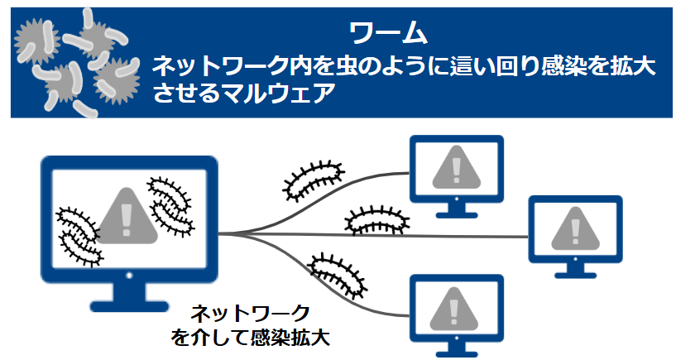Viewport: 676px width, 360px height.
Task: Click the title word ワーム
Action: click(x=388, y=32)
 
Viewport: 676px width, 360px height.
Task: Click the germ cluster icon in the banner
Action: click(x=77, y=63)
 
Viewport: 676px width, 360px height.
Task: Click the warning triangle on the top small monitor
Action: click(x=456, y=168)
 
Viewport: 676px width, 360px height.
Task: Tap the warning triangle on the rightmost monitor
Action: click(x=575, y=229)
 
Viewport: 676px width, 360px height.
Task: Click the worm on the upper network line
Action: click(x=313, y=181)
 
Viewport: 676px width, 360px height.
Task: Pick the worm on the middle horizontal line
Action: click(x=376, y=221)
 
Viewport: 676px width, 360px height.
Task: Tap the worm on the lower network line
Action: click(x=338, y=276)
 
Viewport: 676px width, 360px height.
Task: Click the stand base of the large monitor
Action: click(x=129, y=306)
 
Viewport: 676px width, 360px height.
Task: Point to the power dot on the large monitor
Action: click(x=129, y=275)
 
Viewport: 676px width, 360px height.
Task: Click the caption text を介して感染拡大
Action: click(x=251, y=337)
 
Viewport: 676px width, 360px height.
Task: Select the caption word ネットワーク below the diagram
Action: click(x=251, y=314)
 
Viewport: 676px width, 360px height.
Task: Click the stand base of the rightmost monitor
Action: click(x=575, y=275)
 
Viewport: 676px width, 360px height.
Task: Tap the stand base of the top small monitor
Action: click(x=457, y=214)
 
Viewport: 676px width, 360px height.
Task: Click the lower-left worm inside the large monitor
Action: click(x=79, y=236)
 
